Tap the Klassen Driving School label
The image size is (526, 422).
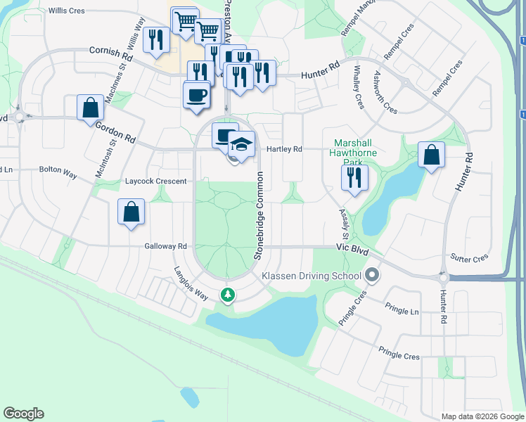tap(312, 276)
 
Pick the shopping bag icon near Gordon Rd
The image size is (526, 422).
tap(91, 109)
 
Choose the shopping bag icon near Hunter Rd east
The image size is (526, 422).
tap(431, 155)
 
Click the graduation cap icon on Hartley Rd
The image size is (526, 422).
tap(241, 145)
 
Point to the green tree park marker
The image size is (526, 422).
tap(227, 294)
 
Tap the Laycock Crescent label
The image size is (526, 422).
tap(155, 181)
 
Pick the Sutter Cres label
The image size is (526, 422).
tap(470, 258)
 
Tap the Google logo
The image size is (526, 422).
tap(23, 414)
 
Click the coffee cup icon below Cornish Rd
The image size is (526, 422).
tap(196, 95)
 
